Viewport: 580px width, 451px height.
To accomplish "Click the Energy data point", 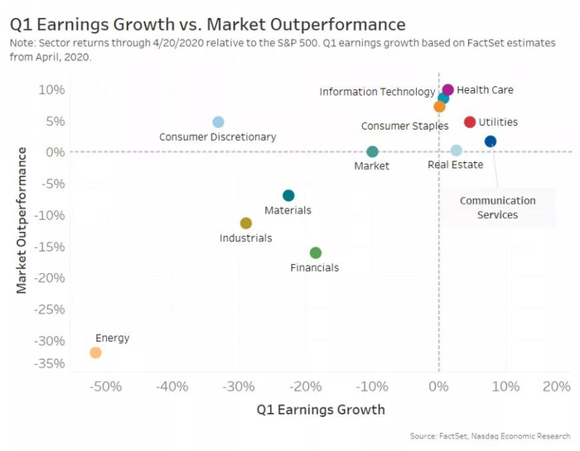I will (95, 353).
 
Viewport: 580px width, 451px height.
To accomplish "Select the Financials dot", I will (316, 252).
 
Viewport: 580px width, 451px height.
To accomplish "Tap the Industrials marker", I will (246, 223).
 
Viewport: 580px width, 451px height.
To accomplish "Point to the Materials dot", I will (288, 195).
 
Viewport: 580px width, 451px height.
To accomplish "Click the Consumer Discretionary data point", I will (218, 122).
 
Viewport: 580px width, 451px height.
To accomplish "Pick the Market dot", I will (372, 151).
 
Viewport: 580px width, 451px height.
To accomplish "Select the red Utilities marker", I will (470, 122).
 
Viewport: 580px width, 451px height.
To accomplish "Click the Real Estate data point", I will (457, 151).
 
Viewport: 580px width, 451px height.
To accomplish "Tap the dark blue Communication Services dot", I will (491, 142).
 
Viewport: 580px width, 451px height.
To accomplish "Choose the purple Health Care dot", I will (448, 89).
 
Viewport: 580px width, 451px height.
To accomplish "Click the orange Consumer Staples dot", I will (439, 107).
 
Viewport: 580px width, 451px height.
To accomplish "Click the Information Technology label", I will (377, 92).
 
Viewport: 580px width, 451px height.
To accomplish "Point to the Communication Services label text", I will (498, 208).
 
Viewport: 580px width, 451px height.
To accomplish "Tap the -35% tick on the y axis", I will (51, 363).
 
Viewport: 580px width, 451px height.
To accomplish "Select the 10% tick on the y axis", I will (53, 89).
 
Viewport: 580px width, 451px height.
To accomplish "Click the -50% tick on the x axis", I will (106, 386).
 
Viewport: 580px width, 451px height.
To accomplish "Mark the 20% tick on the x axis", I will (557, 386).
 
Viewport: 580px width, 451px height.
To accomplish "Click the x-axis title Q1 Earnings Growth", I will (321, 410).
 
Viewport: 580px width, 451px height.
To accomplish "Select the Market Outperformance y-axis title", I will (22, 220).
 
